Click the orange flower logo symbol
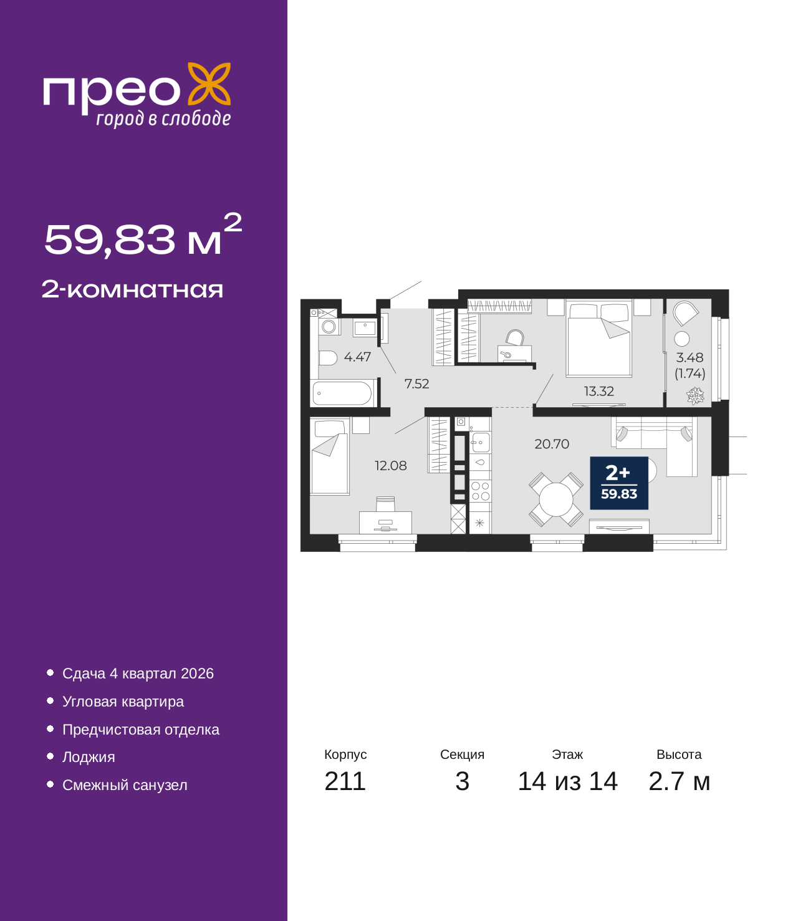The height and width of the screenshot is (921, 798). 209,84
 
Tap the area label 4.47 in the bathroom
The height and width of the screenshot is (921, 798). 357,357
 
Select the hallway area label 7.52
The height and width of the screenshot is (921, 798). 416,383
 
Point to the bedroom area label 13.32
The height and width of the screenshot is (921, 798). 599,391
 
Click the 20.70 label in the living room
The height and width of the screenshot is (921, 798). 552,444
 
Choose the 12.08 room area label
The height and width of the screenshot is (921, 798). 391,466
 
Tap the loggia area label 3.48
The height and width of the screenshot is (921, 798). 690,357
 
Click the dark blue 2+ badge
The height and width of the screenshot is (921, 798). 619,483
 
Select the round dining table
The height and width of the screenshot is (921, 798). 556,499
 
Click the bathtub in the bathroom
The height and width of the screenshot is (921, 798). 342,393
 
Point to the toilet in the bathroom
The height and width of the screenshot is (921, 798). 327,358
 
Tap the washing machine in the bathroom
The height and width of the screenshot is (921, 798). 329,327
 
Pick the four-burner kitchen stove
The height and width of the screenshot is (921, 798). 480,491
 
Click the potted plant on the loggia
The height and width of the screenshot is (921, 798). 695,396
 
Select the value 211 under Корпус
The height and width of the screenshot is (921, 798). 345,781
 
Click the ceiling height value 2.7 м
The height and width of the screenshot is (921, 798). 679,781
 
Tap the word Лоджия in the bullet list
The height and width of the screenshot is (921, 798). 89,757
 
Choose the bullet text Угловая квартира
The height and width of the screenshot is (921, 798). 123,702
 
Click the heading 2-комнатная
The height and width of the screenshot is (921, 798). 132,289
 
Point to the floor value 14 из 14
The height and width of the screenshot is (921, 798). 568,781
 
